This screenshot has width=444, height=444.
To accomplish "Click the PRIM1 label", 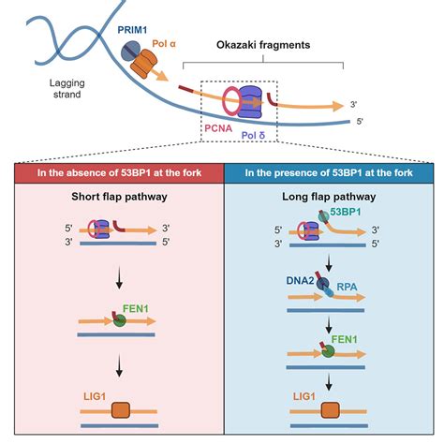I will tap(133, 30).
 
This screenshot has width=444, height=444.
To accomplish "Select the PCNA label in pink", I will tap(218, 132).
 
